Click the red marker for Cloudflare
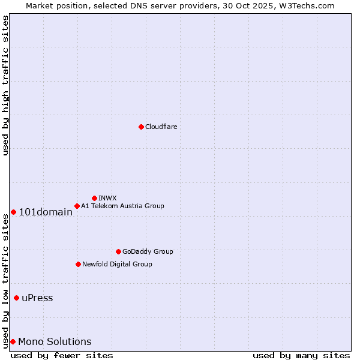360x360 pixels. tap(141, 127)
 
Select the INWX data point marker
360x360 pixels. tap(94, 198)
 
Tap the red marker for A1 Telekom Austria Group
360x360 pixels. tap(77, 206)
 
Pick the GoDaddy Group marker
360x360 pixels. tap(118, 251)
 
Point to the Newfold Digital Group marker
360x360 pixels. tap(78, 264)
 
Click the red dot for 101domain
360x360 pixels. tap(13, 212)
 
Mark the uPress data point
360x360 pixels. tap(16, 298)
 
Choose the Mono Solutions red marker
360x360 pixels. tap(13, 341)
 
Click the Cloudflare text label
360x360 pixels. tap(161, 127)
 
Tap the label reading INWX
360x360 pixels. tap(107, 198)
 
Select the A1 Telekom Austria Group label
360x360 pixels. tap(122, 206)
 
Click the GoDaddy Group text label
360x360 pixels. tap(148, 251)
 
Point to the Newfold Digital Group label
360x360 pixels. tap(117, 264)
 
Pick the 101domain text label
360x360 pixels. tap(46, 212)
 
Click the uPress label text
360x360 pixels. tap(37, 298)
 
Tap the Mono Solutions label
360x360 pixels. tap(55, 342)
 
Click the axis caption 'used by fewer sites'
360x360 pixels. tap(62, 355)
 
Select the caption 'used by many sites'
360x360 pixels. tap(301, 355)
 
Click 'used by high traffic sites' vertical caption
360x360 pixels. tap(5, 85)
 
